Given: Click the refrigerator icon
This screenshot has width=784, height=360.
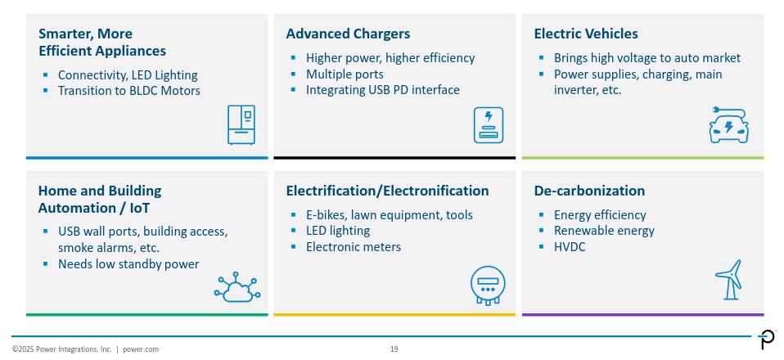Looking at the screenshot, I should click(x=241, y=124).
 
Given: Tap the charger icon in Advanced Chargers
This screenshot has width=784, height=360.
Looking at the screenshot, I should click(x=488, y=124).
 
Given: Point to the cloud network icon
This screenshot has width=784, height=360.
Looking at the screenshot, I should click(x=237, y=288).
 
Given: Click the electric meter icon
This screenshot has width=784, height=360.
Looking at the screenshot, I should click(x=487, y=286).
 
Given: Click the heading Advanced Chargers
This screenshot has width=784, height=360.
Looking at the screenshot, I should click(x=348, y=34).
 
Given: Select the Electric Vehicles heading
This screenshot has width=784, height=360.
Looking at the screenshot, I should click(x=586, y=34).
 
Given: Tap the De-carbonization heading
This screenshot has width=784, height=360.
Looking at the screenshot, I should click(x=589, y=191).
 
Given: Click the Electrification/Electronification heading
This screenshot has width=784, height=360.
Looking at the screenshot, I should click(x=387, y=191).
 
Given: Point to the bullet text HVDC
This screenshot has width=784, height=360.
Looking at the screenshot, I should click(x=570, y=246).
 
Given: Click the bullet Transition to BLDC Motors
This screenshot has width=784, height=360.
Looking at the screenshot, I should click(x=128, y=91).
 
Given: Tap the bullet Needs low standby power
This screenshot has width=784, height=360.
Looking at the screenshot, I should click(x=128, y=264).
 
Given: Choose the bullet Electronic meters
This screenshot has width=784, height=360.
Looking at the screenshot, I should click(x=354, y=246).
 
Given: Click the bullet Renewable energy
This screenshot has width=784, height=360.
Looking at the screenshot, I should click(x=604, y=231).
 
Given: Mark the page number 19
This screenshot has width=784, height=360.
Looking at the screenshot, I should click(x=394, y=349).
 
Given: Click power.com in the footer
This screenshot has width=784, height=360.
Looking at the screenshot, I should click(x=141, y=349).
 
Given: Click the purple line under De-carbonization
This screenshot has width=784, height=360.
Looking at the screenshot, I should click(x=642, y=314).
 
